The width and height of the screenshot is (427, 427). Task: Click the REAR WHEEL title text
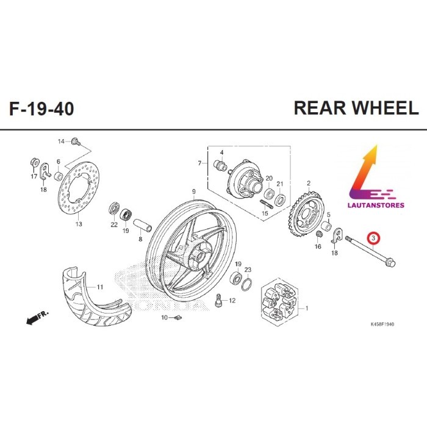[x=356, y=108]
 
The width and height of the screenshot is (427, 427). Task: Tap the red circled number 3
[x=372, y=237]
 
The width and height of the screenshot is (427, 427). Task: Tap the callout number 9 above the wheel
[x=193, y=192]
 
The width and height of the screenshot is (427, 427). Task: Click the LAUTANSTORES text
[x=375, y=196]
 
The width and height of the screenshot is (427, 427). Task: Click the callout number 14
[x=61, y=142]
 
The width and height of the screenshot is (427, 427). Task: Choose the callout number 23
[x=248, y=269]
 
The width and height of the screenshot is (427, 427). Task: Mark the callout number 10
[x=164, y=318]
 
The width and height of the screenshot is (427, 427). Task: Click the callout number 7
[x=199, y=163]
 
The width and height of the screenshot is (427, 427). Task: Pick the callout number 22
[x=113, y=224]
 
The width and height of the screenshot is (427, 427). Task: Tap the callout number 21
[x=280, y=184]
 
